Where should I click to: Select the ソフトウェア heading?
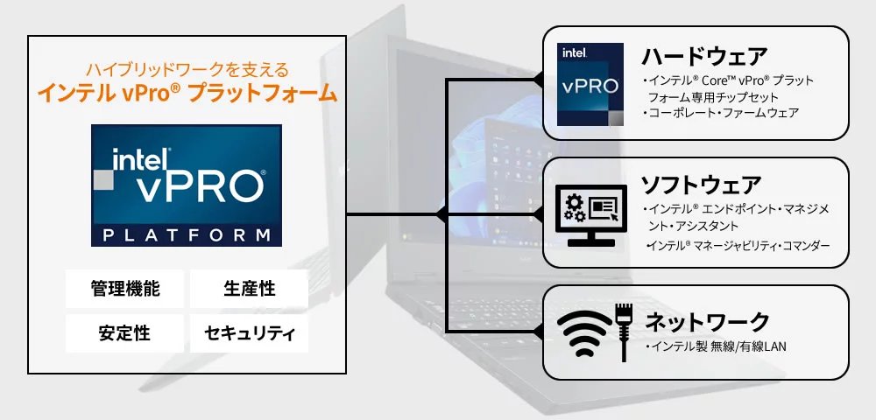[x=701, y=185]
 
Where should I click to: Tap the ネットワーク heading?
[x=707, y=321]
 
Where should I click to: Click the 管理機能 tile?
[x=125, y=289]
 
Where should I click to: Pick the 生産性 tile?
[x=249, y=289]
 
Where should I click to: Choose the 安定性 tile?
[x=125, y=332]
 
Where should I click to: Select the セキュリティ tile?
[x=249, y=332]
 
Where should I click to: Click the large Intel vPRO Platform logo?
[x=187, y=184]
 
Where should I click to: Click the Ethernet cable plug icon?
[x=625, y=330]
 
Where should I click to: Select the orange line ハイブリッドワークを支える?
[x=187, y=68]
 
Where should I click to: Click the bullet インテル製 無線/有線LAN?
[x=716, y=347]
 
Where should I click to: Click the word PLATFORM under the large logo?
[x=187, y=235]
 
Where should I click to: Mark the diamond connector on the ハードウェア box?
[x=539, y=80]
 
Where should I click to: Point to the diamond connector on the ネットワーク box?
[x=539, y=331]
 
